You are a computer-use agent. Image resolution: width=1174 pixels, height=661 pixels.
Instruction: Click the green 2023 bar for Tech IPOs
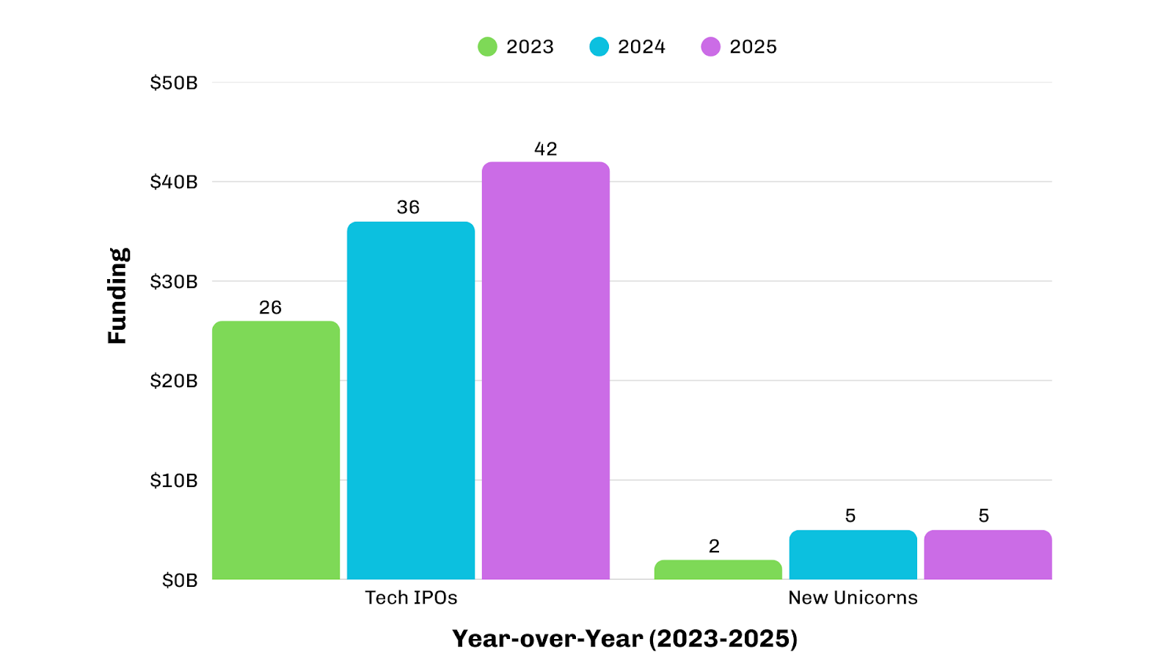[276, 449]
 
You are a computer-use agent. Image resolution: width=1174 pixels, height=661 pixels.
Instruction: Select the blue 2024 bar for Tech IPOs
[411, 400]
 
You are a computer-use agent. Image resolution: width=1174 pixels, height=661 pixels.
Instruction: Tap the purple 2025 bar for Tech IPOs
[546, 371]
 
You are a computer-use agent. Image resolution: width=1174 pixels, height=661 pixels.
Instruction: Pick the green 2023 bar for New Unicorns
[718, 570]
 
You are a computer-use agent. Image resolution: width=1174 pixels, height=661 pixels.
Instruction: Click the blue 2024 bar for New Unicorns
[853, 555]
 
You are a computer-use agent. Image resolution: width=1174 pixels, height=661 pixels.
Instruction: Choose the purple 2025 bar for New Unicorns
[988, 555]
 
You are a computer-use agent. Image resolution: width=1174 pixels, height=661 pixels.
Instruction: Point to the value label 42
[546, 149]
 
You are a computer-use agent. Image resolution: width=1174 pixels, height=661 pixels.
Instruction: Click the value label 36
[409, 208]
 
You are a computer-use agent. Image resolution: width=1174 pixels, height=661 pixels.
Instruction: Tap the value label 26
[270, 308]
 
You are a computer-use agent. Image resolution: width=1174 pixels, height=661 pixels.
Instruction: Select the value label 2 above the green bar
[714, 546]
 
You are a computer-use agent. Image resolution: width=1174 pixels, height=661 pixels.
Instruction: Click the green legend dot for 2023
[487, 47]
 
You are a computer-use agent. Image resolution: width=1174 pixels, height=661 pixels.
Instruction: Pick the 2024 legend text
[641, 47]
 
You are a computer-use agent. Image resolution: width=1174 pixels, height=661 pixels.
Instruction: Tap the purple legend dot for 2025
[710, 47]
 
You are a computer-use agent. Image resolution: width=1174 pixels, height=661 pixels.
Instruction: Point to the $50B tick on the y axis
[174, 83]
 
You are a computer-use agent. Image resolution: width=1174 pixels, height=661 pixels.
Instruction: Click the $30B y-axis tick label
[174, 282]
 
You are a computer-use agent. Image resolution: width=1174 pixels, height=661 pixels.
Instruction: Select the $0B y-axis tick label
[180, 581]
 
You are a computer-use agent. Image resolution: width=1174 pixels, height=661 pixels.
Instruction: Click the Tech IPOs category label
[411, 598]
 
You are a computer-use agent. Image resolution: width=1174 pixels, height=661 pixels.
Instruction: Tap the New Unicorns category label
[853, 598]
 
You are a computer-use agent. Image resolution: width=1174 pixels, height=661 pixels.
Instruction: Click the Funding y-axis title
[117, 296]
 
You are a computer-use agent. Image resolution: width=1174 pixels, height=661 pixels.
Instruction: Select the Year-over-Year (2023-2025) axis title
[624, 639]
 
